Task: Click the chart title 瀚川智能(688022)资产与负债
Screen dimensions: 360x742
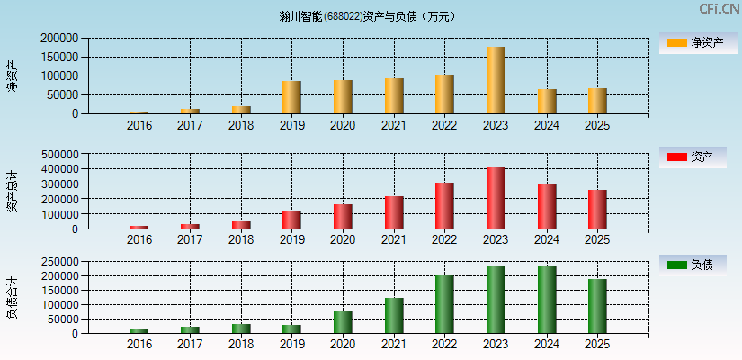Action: coord(367,16)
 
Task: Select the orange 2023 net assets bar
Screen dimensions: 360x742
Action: coord(496,80)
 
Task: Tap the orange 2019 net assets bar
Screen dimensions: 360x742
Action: coord(291,97)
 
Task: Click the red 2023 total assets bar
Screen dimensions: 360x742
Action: coord(496,198)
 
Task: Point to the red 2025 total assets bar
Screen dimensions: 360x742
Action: coord(597,210)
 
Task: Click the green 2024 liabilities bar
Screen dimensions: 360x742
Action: coord(547,300)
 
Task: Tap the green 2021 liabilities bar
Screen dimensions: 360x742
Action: coord(394,316)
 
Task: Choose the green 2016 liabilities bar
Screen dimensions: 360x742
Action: coord(139,331)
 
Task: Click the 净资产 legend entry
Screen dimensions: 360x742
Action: coord(693,42)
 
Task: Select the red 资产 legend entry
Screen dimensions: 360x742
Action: coord(693,157)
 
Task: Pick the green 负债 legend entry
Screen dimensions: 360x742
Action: coord(693,265)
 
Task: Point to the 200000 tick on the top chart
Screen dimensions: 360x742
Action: coord(59,39)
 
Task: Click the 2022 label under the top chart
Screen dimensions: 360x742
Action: coord(444,126)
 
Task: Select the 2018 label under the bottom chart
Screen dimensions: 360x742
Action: coord(241,345)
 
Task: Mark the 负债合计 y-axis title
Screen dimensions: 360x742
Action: coord(13,297)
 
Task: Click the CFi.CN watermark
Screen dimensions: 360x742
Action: coord(719,9)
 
